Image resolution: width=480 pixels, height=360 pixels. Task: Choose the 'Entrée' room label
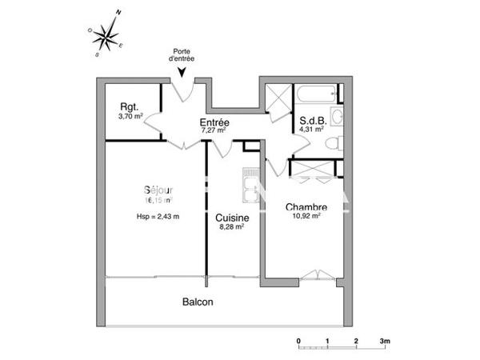pos(214,122)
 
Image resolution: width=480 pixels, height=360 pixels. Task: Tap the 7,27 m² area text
pos(214,130)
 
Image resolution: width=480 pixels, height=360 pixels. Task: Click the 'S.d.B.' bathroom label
pos(311,122)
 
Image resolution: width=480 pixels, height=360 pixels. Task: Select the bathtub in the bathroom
pos(317,95)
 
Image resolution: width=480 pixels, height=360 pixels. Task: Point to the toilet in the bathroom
pos(334,144)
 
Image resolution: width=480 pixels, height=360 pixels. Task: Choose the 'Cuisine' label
pos(232,218)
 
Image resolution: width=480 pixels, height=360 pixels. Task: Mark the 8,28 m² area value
pos(231,227)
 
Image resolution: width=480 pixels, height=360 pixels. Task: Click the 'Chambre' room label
pos(305,206)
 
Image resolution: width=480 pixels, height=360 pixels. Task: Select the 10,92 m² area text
pos(305,216)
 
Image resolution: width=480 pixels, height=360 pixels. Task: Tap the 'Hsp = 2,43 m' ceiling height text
pos(158,217)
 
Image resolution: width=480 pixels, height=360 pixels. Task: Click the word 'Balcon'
pos(198,302)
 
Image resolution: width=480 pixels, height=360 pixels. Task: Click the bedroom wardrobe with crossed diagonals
pos(316,169)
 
